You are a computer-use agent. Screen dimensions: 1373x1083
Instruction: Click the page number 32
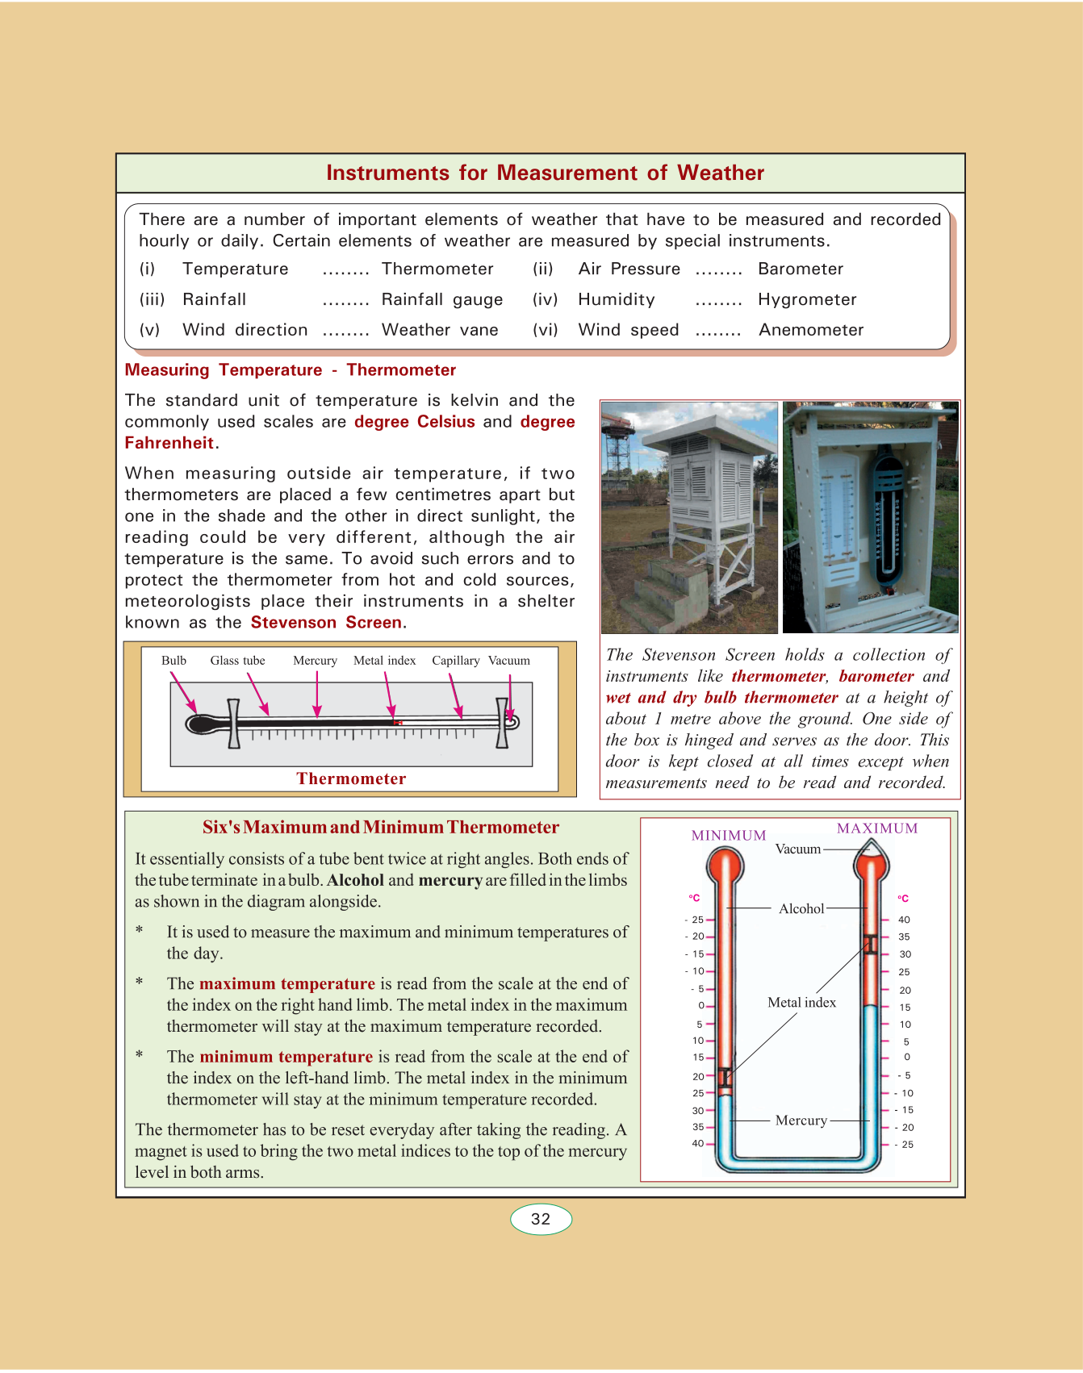[x=541, y=1219]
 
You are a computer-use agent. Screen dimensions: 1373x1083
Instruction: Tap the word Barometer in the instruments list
[x=800, y=269]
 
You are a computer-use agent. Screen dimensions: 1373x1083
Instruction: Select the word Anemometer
[x=810, y=330]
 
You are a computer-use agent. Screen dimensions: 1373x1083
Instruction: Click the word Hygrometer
[x=806, y=299]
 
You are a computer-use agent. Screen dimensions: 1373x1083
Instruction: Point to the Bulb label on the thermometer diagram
[x=174, y=661]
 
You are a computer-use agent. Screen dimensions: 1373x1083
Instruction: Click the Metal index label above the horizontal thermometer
[x=384, y=661]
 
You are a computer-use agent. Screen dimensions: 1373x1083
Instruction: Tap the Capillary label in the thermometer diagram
[x=455, y=661]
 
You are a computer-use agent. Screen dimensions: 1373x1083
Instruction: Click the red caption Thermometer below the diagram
[x=351, y=778]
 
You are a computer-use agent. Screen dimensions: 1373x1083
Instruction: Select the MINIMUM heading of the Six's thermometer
[x=728, y=836]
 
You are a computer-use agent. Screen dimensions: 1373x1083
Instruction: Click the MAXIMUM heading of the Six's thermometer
[x=877, y=828]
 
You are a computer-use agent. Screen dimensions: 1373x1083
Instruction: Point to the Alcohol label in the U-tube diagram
[x=801, y=908]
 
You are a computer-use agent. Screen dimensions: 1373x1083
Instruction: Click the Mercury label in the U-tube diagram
[x=801, y=1121]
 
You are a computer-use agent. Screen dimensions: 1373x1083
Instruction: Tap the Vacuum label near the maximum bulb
[x=797, y=849]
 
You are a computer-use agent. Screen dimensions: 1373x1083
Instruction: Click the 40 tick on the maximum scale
[x=904, y=920]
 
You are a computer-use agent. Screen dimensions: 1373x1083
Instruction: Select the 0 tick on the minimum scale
[x=701, y=1006]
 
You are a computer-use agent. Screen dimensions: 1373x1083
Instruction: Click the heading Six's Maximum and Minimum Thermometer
[x=380, y=828]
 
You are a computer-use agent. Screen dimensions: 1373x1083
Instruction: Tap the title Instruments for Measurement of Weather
[x=545, y=173]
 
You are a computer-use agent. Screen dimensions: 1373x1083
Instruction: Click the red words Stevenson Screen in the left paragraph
[x=327, y=623]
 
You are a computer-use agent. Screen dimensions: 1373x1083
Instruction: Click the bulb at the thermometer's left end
[x=199, y=724]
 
